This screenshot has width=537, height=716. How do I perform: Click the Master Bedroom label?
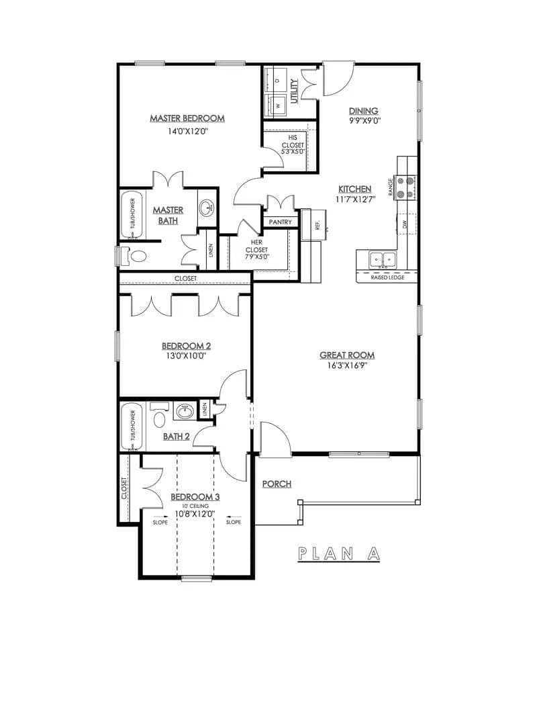tap(187, 118)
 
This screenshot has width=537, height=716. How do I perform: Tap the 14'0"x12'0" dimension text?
tap(187, 132)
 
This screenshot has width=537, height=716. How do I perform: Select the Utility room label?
tap(294, 90)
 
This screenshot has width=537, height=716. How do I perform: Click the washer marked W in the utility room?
tap(276, 105)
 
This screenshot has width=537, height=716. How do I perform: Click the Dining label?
tap(363, 111)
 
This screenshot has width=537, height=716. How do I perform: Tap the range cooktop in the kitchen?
tap(405, 187)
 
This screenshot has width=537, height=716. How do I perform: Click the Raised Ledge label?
tap(387, 277)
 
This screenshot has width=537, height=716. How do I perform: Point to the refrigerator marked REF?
tap(316, 224)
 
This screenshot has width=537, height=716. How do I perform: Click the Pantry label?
tap(280, 222)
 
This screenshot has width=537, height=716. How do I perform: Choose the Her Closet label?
tap(256, 249)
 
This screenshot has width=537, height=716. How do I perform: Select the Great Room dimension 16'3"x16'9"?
tap(347, 366)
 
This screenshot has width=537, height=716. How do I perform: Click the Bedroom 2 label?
tap(186, 346)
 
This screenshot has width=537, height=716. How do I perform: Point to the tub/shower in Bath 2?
tap(132, 427)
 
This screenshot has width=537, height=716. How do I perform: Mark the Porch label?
tap(277, 484)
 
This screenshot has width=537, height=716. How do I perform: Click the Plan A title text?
tap(339, 553)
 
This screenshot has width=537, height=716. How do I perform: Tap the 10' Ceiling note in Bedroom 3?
tap(195, 506)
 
